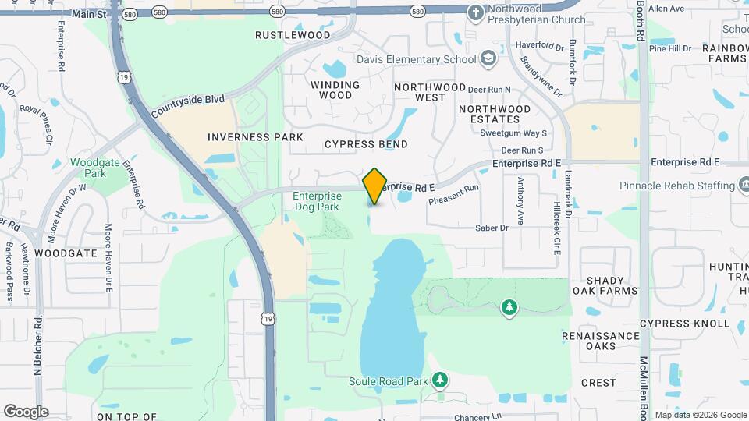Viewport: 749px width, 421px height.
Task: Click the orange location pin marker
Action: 374,186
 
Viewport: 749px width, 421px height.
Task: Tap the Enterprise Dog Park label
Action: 317,202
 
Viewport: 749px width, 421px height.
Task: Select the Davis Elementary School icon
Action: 488,58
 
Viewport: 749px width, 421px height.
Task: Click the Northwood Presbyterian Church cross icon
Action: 475,12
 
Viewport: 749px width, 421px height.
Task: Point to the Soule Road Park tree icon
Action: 441,380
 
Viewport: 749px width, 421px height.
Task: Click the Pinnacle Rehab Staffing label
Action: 676,186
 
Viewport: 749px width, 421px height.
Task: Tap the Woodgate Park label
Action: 88,168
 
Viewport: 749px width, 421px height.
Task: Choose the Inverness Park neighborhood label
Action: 255,137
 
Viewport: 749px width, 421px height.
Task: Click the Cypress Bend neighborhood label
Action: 366,144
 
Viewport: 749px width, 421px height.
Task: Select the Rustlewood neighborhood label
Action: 293,35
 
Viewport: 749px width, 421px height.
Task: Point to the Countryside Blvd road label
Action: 188,104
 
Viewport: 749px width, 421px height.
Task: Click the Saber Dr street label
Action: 492,228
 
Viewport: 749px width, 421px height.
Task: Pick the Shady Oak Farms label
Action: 605,285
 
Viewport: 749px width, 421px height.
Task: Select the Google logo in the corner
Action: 26,411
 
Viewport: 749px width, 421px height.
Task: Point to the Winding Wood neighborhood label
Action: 335,90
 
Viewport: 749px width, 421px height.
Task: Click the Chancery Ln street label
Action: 475,416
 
